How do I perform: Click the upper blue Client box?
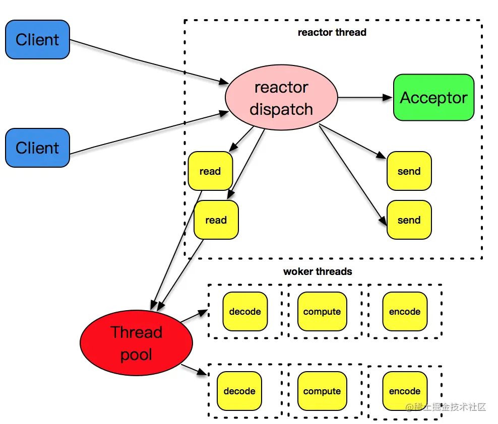(37, 40)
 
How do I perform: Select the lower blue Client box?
(37, 148)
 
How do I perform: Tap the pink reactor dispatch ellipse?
(281, 98)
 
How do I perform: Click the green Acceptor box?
(433, 98)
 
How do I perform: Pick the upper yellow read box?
(210, 171)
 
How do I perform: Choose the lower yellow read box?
(216, 220)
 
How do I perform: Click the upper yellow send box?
(409, 171)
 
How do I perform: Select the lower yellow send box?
(409, 220)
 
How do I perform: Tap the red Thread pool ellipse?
(136, 343)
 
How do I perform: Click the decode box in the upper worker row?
(245, 312)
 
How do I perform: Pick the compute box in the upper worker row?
(322, 312)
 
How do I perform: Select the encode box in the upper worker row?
(404, 312)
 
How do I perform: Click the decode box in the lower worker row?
(239, 391)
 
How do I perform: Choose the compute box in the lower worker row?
(322, 391)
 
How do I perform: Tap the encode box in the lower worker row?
(404, 391)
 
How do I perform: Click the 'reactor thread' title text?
(332, 33)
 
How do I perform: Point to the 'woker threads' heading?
(318, 272)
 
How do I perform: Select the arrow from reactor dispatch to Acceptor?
(365, 98)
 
